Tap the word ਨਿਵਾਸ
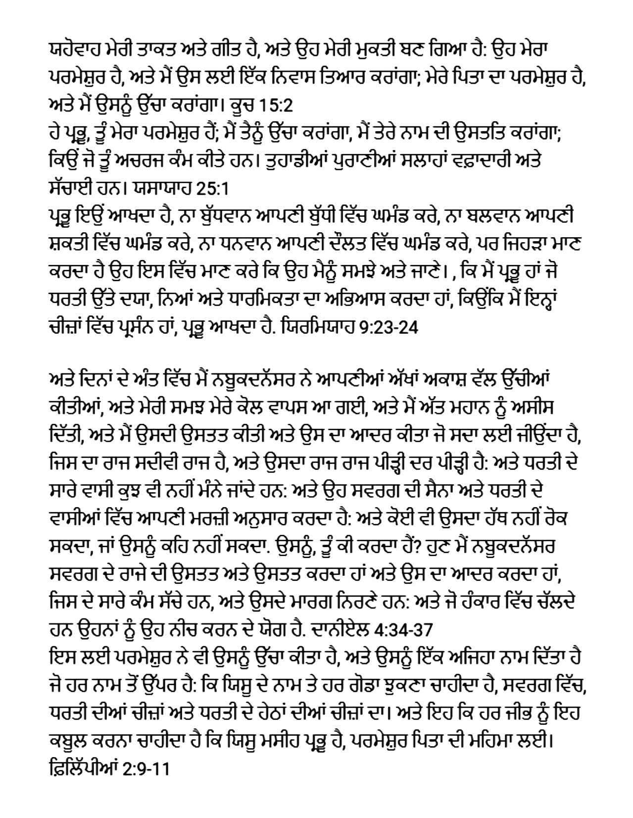pyautogui.click(x=278, y=77)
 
